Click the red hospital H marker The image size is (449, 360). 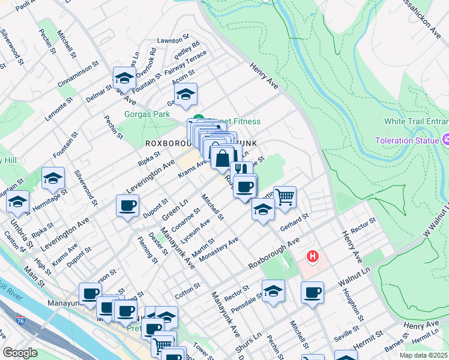coord(312,257)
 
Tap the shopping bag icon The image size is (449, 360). coord(222,159)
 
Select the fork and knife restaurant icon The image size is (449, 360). coord(241,170)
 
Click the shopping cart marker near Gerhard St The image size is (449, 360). coord(285,196)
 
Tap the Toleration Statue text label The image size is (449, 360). coord(406,140)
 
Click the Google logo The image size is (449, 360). coord(20,353)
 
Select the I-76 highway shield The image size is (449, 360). coord(21,320)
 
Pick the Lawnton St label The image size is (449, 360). coord(169,40)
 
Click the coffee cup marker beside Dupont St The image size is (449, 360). coord(127,206)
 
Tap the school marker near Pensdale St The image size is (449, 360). coord(273,290)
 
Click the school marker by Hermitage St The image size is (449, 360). coord(53,178)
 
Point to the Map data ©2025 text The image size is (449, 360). coord(423,355)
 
